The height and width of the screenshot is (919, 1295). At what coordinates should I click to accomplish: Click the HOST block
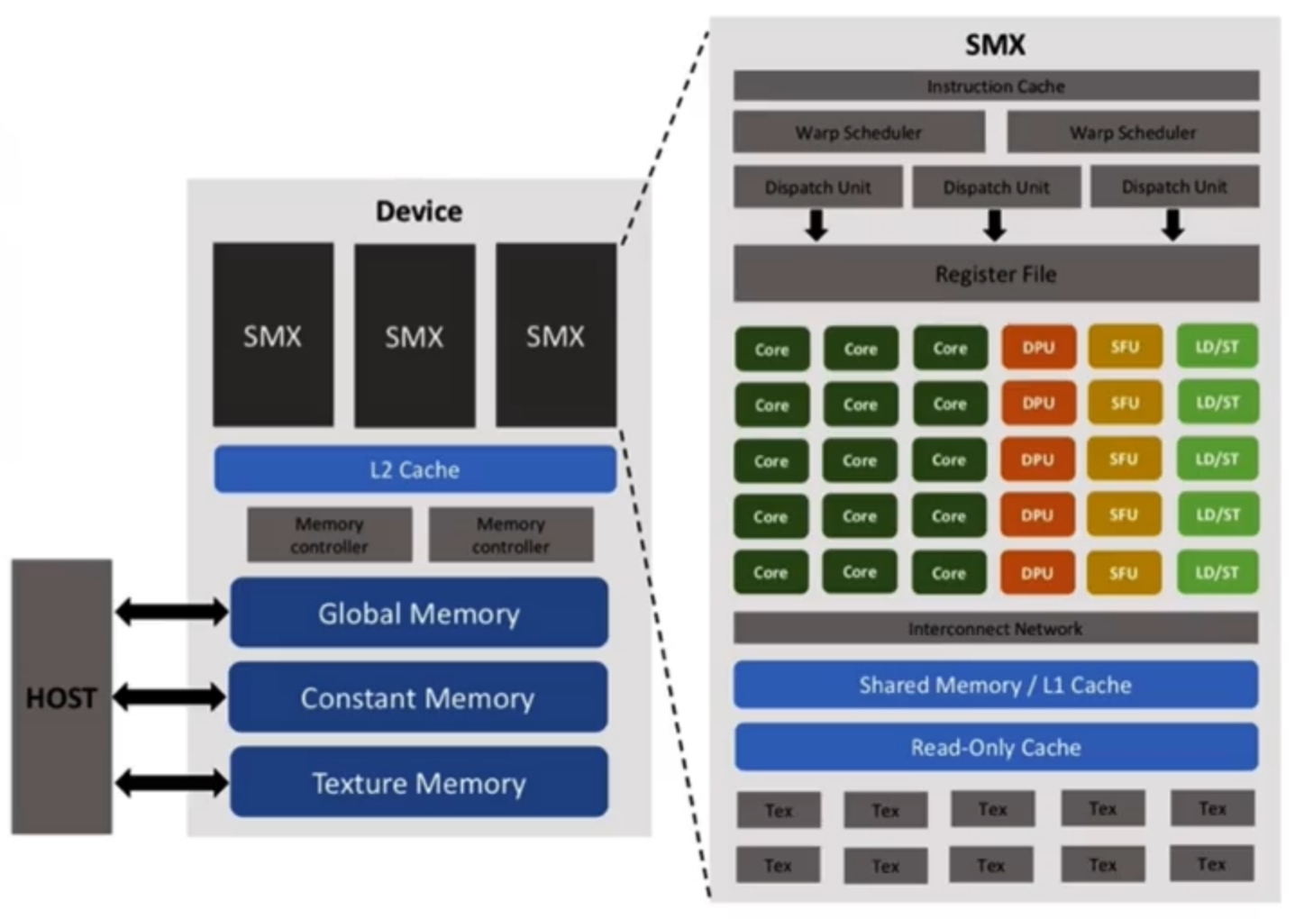click(x=61, y=696)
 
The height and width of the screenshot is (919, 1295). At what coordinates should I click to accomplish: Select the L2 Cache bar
click(x=415, y=469)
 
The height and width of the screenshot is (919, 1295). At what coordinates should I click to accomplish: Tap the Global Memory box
click(x=419, y=614)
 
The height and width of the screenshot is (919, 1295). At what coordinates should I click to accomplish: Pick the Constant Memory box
click(x=418, y=698)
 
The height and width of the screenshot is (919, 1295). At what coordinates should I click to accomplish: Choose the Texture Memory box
click(x=419, y=783)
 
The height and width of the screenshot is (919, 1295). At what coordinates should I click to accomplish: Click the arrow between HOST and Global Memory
click(x=171, y=613)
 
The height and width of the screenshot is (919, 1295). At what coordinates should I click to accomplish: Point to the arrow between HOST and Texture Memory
click(x=171, y=782)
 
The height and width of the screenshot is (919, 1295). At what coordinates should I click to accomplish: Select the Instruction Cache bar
click(x=996, y=86)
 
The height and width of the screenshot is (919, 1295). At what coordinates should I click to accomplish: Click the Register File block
click(x=996, y=274)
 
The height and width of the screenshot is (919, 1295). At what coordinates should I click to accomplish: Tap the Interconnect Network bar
click(x=996, y=629)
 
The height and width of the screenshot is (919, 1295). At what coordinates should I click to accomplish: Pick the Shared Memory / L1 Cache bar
click(x=996, y=686)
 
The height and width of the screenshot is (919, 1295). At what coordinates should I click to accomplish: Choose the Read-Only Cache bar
click(x=996, y=748)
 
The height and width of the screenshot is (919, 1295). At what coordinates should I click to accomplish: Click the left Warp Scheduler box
click(x=858, y=132)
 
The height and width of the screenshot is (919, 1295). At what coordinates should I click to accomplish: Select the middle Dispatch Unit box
click(x=996, y=187)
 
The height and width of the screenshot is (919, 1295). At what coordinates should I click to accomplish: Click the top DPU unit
click(x=1038, y=348)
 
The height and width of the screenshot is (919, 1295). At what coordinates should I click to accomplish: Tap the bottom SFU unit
click(x=1124, y=573)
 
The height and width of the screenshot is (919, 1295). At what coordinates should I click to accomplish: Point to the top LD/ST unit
click(x=1217, y=347)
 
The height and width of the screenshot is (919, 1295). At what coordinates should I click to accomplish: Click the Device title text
click(x=419, y=212)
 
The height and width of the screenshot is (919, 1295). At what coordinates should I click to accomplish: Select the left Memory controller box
click(x=329, y=535)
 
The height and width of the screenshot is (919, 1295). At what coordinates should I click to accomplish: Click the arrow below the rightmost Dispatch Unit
click(x=1172, y=225)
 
